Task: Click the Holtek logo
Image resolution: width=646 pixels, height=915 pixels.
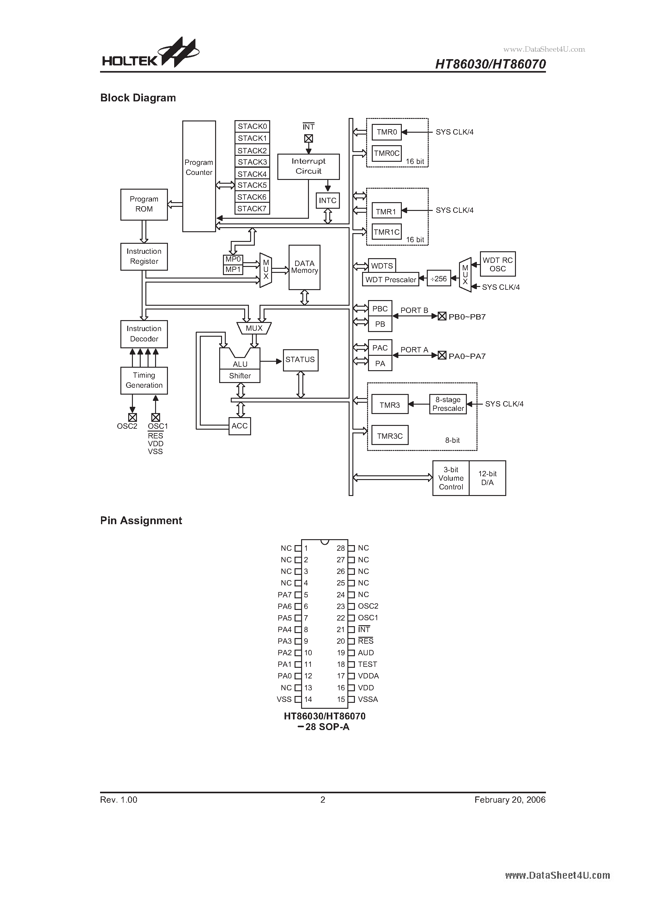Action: tap(150, 54)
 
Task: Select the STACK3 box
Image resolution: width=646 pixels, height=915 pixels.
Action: tap(252, 162)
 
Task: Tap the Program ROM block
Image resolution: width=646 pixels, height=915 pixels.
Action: tap(144, 204)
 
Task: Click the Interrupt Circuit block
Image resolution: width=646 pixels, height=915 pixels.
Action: tap(308, 166)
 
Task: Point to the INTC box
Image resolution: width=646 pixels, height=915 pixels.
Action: tap(327, 201)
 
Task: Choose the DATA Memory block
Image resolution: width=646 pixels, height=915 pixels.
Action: tap(304, 267)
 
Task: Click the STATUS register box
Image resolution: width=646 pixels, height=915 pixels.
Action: tap(300, 360)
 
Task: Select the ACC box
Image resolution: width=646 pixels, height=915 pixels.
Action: tap(240, 426)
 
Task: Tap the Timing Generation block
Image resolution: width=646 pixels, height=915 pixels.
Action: tap(144, 380)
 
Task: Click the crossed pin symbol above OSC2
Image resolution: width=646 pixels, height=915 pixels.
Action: tap(133, 417)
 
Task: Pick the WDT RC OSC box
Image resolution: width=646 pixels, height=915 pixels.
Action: tap(497, 264)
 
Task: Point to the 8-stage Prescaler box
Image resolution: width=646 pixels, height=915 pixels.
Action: tap(448, 404)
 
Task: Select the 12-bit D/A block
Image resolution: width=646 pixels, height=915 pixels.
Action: tap(487, 478)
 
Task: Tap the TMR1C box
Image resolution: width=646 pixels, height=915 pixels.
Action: tap(386, 232)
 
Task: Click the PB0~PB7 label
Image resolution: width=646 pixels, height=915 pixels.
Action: tap(467, 317)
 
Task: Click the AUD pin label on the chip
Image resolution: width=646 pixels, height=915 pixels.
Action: tap(366, 653)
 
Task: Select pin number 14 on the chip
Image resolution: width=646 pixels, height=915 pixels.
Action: tap(308, 699)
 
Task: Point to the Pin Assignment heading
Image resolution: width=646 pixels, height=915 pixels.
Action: tap(141, 520)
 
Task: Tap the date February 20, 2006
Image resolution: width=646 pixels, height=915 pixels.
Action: tap(510, 800)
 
